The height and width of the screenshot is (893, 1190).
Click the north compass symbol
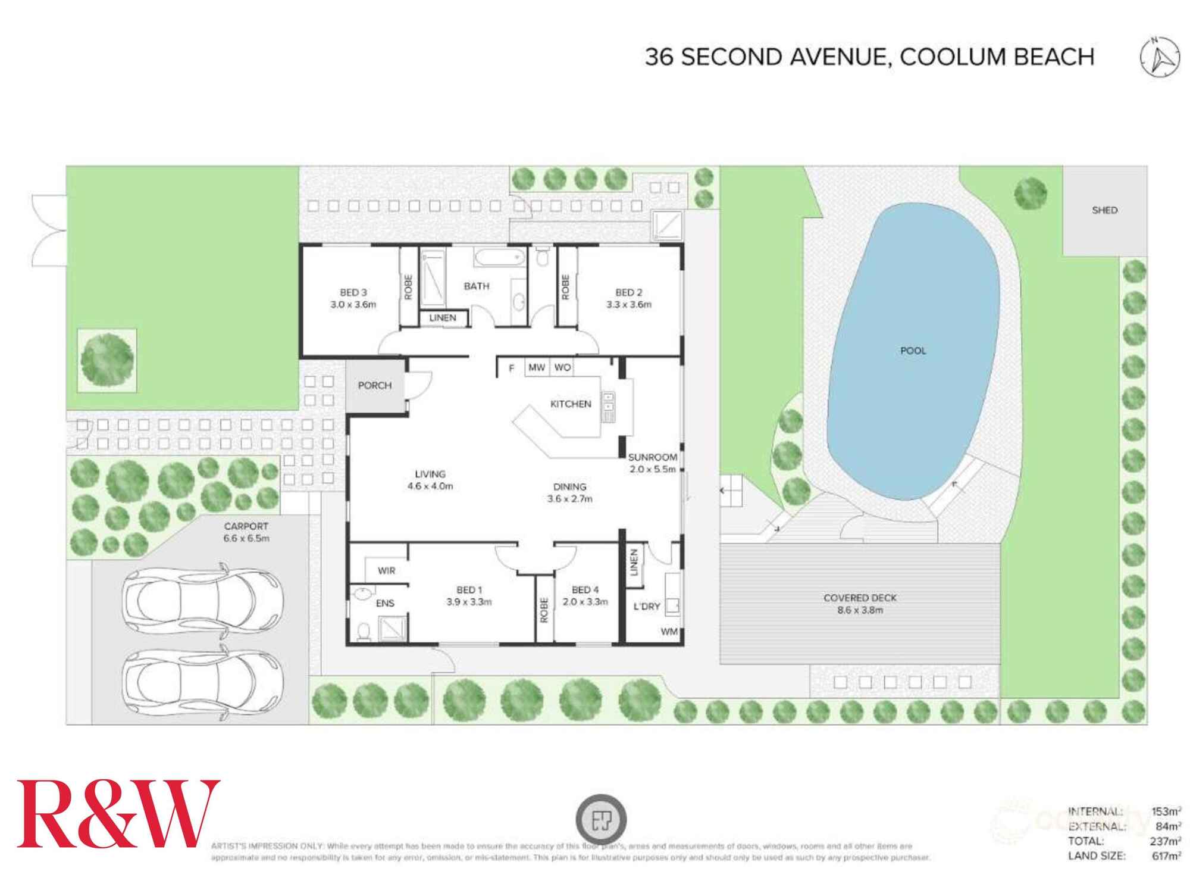click(1160, 57)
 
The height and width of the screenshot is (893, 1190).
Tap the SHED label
click(1104, 210)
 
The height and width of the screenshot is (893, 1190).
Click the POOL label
click(913, 351)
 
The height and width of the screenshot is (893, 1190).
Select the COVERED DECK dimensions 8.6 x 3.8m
click(860, 610)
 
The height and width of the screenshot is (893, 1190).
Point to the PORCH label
click(374, 385)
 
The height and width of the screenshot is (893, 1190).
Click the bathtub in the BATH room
click(500, 258)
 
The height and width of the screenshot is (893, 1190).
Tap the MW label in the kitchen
click(536, 367)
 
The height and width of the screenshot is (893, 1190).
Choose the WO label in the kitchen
click(562, 367)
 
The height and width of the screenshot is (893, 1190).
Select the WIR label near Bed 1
click(386, 570)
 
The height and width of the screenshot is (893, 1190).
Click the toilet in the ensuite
click(362, 632)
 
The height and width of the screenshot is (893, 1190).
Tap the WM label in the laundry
click(669, 632)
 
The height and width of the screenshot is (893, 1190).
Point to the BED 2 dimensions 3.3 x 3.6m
click(628, 304)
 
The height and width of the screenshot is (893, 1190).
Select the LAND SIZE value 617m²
click(1166, 856)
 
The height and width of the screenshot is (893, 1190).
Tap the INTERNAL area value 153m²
click(1166, 811)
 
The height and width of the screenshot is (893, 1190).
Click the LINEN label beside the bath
click(443, 318)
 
